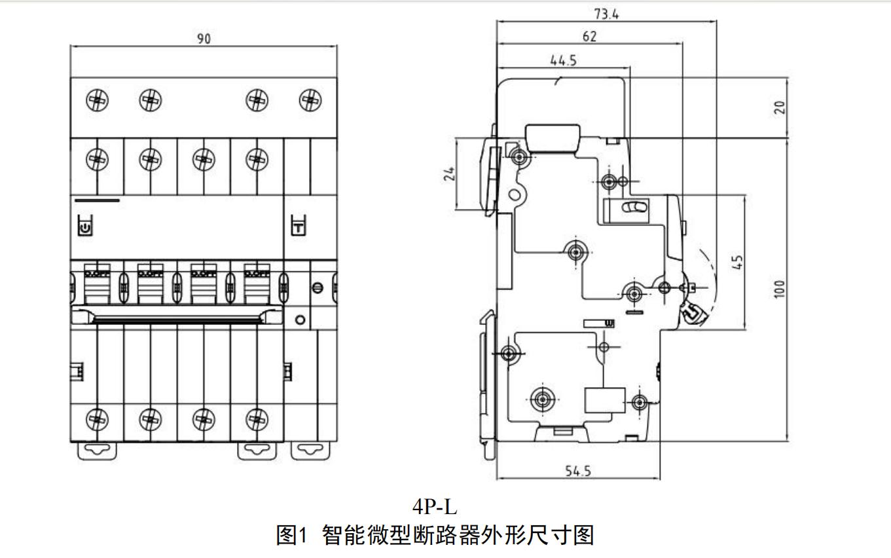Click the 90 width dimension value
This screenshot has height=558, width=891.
(x=204, y=39)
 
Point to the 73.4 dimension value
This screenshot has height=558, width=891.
(x=606, y=14)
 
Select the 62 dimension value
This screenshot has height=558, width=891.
(x=589, y=37)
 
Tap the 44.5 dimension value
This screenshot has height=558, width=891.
(x=563, y=60)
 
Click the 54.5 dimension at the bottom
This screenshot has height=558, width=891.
(x=578, y=471)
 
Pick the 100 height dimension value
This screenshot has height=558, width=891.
(x=779, y=289)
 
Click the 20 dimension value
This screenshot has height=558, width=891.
(x=779, y=107)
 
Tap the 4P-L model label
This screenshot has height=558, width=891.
(x=435, y=507)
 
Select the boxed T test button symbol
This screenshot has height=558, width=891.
(x=298, y=227)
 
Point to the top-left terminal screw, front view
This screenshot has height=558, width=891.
(x=97, y=100)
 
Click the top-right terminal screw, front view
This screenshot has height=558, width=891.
(x=310, y=100)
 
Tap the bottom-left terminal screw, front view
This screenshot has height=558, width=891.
(x=97, y=417)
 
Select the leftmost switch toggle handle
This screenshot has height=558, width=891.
(x=97, y=283)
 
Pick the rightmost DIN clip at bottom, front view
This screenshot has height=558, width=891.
(x=310, y=450)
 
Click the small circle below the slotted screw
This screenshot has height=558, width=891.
(x=300, y=320)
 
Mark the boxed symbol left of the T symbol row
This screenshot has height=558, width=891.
(x=85, y=227)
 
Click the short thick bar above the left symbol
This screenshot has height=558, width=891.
(x=98, y=200)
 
